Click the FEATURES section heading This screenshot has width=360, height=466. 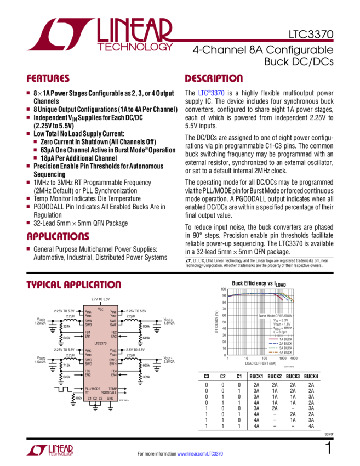[x=48, y=78]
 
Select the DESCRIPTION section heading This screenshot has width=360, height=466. [x=213, y=78]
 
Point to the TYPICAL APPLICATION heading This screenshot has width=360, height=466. [x=73, y=285]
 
